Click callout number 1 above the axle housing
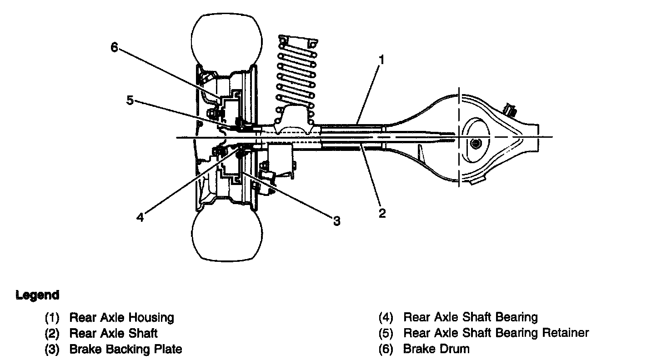point(382,60)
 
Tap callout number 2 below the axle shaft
point(382,213)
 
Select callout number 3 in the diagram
point(336,221)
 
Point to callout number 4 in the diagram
point(140,217)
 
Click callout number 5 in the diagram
point(130,100)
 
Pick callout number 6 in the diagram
point(114,47)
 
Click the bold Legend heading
point(37,295)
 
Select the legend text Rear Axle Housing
point(121,317)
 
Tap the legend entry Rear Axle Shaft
point(113,333)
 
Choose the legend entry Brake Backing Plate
point(125,349)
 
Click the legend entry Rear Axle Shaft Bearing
point(471,317)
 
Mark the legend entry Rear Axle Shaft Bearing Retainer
point(496,333)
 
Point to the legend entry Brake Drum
point(436,349)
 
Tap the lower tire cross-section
point(227,236)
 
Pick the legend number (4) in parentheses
point(386,317)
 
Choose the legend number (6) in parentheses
point(386,349)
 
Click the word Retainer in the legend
point(566,333)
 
